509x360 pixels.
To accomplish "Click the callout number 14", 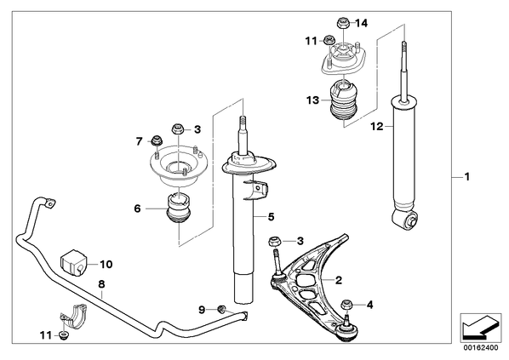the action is pos(361,23).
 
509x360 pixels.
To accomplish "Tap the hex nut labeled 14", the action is pos(342,23).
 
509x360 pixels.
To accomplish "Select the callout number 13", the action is pos(313,100).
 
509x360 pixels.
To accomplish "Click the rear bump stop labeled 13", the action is pos(344,98).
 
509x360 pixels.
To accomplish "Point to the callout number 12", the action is pos(377,126).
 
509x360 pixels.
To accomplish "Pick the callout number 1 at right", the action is pos(466,177).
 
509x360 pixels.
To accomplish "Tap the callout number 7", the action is pos(140,141).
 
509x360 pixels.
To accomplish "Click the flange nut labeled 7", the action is pos(157,140).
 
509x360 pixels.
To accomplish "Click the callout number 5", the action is pos(271,216).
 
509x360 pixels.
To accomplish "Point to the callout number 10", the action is pos(106,264).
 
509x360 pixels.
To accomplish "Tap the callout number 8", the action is pos(101,284).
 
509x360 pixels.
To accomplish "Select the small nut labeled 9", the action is pos(222,309).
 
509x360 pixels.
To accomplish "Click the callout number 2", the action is pos(339,280).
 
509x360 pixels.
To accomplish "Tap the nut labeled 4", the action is pos(346,305).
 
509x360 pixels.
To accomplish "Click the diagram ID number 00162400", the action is pos(480,348).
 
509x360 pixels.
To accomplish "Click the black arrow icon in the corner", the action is pos(481,328).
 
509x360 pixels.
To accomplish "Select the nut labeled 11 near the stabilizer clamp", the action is pos(64,335).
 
